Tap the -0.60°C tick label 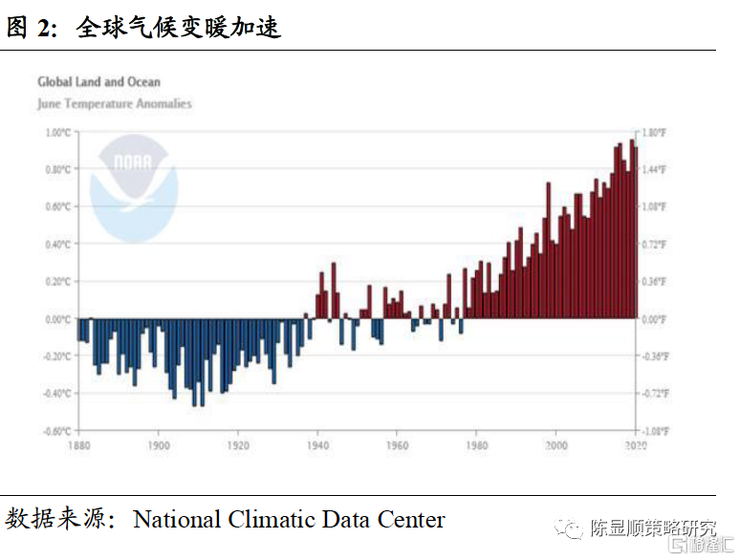click(58, 431)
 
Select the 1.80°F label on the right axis click(653, 133)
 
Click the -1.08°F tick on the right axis click(653, 431)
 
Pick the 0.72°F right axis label click(653, 245)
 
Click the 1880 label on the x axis click(80, 445)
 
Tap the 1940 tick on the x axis click(318, 445)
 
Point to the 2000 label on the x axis click(556, 445)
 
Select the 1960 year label click(398, 445)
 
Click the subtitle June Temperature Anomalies click(115, 103)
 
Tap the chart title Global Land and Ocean click(99, 82)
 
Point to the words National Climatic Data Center click(289, 520)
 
